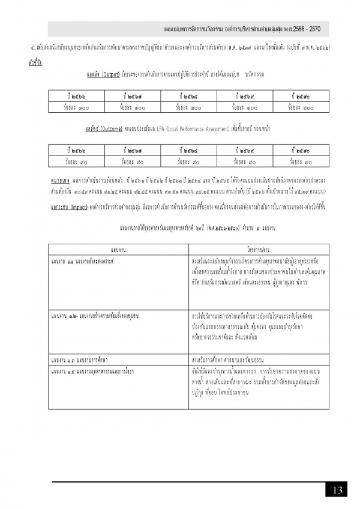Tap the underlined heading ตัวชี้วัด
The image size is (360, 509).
35,62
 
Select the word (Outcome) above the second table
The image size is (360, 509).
110,128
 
